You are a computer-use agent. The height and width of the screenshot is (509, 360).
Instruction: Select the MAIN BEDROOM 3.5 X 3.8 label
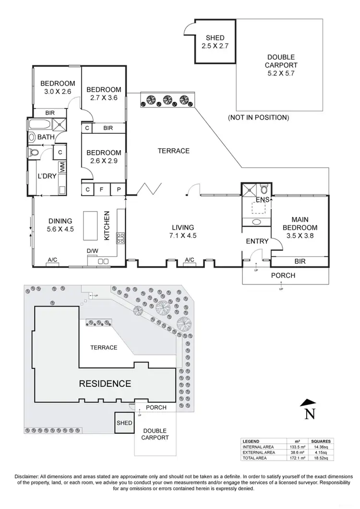pyautogui.click(x=300, y=231)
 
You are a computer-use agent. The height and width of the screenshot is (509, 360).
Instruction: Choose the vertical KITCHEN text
pyautogui.click(x=108, y=225)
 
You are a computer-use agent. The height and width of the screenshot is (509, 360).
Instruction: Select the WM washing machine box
pyautogui.click(x=62, y=167)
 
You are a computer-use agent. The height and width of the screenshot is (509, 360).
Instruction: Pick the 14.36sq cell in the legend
pyautogui.click(x=317, y=447)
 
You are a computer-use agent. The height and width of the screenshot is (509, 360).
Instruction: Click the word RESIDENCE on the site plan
pyautogui.click(x=105, y=383)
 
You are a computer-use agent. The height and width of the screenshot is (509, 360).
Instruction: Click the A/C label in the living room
pyautogui.click(x=190, y=260)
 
